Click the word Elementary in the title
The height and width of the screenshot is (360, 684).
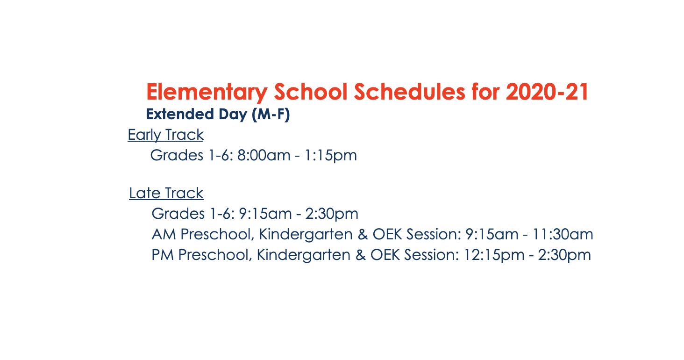coord(207,92)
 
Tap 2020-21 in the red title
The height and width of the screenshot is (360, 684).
coord(547,92)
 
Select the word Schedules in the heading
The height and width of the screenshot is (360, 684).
coord(409,92)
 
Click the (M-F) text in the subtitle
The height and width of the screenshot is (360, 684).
coord(271,115)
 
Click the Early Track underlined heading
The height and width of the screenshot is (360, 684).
coord(165,135)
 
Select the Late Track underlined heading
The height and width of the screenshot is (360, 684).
coord(166,193)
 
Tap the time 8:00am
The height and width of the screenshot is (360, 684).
coord(264,155)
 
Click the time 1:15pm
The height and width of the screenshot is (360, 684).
coord(331,156)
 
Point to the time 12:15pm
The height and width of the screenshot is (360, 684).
coord(494,255)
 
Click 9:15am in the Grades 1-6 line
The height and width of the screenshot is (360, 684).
coord(265,214)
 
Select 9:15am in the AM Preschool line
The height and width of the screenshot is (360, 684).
coord(492,234)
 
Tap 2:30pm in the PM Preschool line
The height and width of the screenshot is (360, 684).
coord(564,255)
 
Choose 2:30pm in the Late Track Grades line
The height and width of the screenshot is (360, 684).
coord(332,214)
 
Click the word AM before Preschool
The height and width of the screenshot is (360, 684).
coord(164,234)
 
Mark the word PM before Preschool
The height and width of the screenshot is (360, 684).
coord(163,255)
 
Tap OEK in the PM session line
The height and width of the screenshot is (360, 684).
coord(385,255)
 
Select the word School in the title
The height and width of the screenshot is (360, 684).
coord(311,92)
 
